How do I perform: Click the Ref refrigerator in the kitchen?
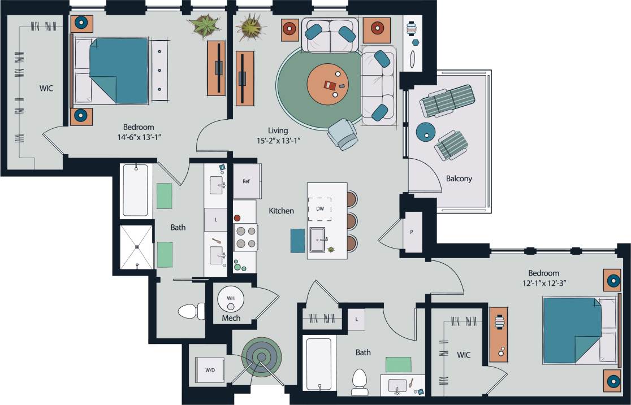click(x=247, y=181)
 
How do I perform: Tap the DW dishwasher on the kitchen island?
click(x=320, y=209)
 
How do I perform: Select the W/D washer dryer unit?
click(x=210, y=370)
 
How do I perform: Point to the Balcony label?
click(x=459, y=178)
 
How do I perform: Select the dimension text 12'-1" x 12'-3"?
click(x=544, y=283)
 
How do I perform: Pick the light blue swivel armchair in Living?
click(x=343, y=133)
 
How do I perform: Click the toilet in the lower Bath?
click(x=359, y=382)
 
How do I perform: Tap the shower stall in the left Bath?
click(x=136, y=246)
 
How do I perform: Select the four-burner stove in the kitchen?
click(x=245, y=237)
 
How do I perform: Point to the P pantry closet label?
click(x=411, y=232)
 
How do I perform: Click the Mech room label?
click(x=231, y=318)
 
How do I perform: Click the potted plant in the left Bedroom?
click(x=204, y=25)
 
